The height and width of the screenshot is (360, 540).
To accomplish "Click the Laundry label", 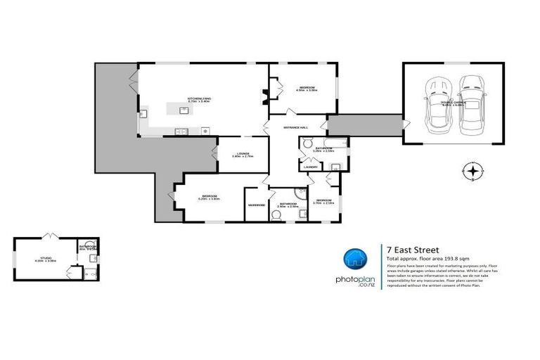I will coord(310,167).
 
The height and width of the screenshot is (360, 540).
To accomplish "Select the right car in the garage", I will coord(470,106).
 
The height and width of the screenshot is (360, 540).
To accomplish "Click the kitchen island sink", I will coord(185,110).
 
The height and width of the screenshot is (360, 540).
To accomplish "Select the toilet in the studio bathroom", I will coord(94,259).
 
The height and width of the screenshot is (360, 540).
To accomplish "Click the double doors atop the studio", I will coord(49,234).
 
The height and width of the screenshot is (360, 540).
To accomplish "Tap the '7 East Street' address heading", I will coord(413,248).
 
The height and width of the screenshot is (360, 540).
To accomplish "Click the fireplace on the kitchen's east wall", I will coord(265,91).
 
